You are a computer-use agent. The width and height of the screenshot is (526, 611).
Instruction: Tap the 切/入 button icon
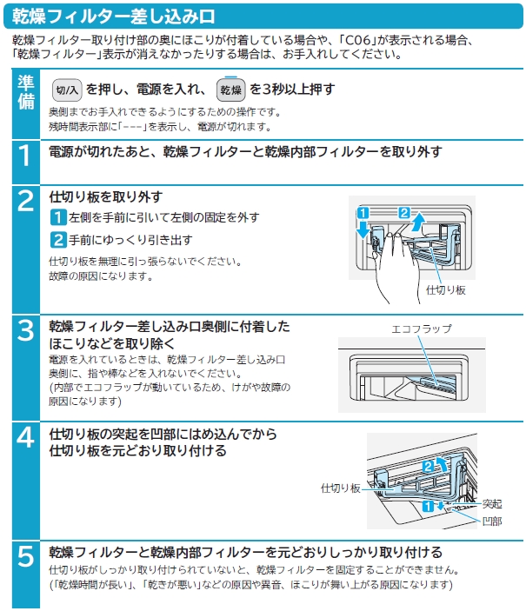67,90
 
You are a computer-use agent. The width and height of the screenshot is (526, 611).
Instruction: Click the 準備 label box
26,90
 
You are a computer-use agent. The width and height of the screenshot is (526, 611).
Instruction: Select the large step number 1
26,156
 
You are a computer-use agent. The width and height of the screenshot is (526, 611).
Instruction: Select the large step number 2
26,201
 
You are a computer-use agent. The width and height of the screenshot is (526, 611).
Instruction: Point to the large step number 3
26,331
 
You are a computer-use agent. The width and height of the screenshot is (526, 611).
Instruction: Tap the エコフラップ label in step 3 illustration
423,329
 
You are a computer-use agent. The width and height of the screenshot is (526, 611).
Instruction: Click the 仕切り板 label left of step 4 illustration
340,488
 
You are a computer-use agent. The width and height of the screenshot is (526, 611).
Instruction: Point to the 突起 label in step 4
493,504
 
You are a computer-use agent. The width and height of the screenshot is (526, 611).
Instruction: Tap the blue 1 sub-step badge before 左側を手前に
57,216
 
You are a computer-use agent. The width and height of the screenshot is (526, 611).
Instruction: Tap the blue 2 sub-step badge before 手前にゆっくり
57,240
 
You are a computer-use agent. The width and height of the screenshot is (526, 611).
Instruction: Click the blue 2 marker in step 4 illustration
428,467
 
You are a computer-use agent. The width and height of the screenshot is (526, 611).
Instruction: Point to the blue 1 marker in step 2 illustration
363,213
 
